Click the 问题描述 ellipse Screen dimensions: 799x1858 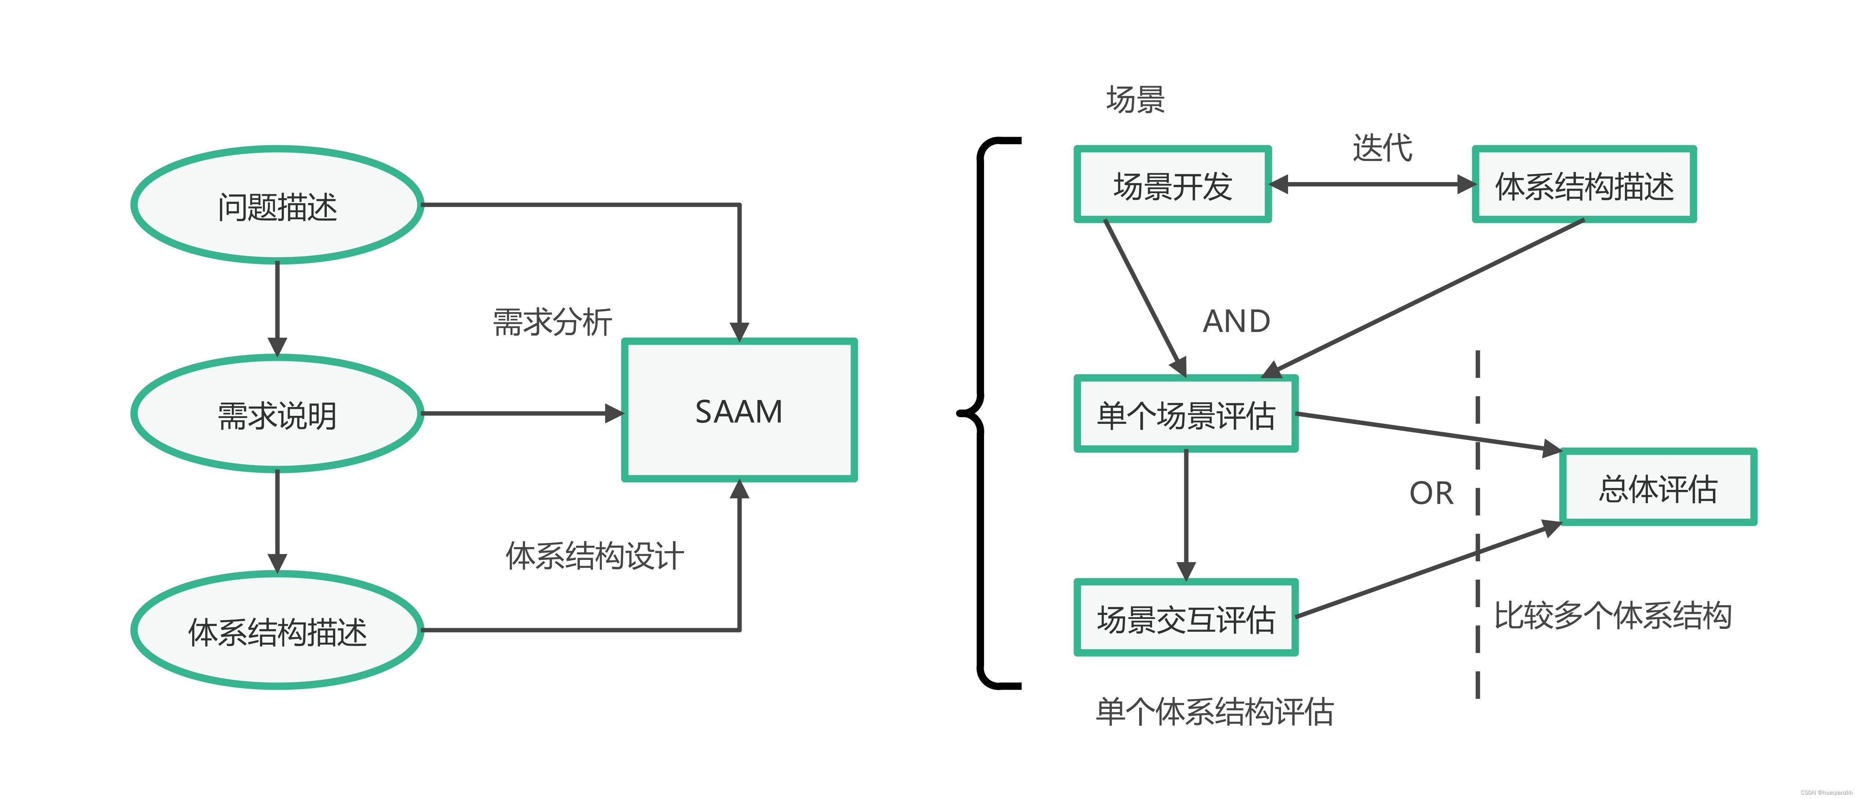pos(277,205)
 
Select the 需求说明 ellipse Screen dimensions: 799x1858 pos(277,414)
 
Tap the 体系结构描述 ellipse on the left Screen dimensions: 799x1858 pos(277,630)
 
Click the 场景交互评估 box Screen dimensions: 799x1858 pos(1186,618)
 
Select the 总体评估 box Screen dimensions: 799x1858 pos(1657,487)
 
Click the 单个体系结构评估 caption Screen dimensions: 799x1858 pos(1215,712)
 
